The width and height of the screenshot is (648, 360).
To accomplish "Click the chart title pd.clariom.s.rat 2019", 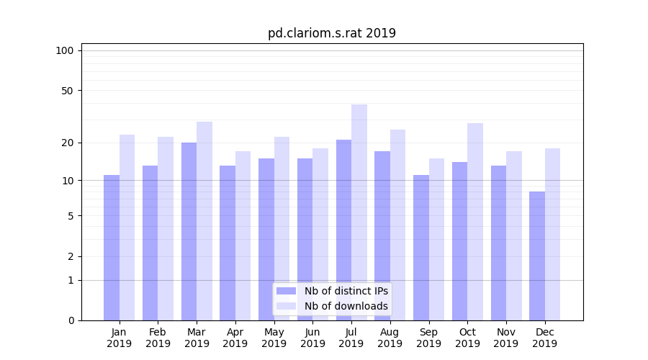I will coord(331,33).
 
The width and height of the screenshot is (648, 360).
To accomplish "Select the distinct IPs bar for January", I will coord(112,248).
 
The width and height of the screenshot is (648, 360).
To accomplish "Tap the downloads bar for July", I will coord(359,212).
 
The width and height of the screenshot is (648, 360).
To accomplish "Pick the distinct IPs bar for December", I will coord(537,256).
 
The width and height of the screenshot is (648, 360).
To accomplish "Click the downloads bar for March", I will coord(204,221).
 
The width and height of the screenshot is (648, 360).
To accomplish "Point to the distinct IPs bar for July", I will coord(343,230).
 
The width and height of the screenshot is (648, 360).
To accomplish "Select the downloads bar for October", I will coord(475,222).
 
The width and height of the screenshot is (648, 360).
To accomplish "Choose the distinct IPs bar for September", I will coord(421,248).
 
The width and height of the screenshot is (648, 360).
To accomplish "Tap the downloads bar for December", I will coord(552,234).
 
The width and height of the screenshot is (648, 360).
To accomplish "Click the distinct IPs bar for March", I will coord(189,231).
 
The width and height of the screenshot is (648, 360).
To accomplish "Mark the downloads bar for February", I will coord(166,228).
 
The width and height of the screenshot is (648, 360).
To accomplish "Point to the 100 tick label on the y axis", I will coord(65,50).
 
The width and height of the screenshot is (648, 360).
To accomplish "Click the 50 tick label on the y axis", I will coord(67,91).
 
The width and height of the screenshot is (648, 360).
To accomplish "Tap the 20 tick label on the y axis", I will coord(67,143).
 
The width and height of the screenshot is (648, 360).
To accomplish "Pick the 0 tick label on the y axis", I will coord(71,320).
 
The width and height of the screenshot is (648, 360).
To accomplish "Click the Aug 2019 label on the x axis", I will coord(390,338).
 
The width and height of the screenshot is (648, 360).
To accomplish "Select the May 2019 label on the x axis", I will coord(274,338).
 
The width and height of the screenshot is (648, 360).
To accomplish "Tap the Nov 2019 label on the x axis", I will coord(506,338).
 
